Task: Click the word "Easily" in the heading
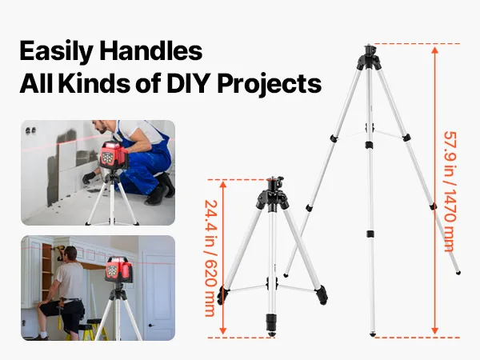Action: tap(56, 51)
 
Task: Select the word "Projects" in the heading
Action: tap(270, 85)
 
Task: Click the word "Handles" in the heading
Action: tap(150, 50)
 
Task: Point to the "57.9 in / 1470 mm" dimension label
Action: tap(450, 191)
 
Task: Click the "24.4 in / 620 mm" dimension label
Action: tap(210, 258)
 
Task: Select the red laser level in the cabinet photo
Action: tap(118, 270)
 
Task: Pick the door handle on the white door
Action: tap(150, 326)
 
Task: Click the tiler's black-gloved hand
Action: tap(89, 178)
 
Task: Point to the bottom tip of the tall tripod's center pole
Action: tap(372, 335)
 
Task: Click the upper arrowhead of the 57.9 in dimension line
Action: tap(434, 50)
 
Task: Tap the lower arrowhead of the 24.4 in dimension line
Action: tap(223, 330)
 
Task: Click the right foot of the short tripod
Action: tap(322, 295)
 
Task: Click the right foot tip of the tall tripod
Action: tap(458, 273)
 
